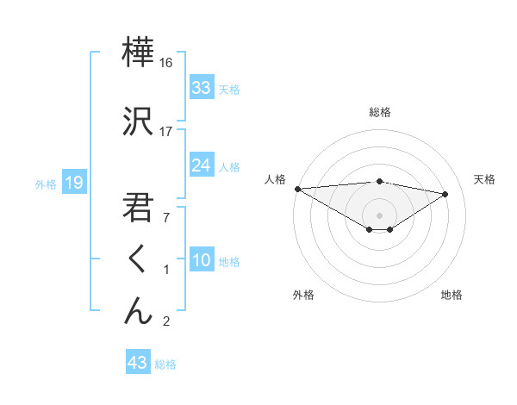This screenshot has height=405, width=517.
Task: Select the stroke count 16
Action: pyautogui.click(x=166, y=63)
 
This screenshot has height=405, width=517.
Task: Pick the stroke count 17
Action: pyautogui.click(x=166, y=131)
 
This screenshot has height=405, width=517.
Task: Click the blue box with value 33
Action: pyautogui.click(x=202, y=88)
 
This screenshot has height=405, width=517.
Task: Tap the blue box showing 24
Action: pyautogui.click(x=202, y=165)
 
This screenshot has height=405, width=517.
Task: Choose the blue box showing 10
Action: pyautogui.click(x=202, y=260)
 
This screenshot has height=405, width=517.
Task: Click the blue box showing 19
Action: pyautogui.click(x=73, y=183)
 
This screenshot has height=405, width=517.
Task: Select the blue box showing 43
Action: pyautogui.click(x=138, y=363)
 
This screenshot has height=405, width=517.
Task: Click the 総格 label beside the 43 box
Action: pyautogui.click(x=166, y=364)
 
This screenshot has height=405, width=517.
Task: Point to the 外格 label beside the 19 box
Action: pyautogui.click(x=45, y=184)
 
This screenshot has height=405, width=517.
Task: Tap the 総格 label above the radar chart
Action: pyautogui.click(x=380, y=112)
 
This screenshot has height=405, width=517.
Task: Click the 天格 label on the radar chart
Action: pyautogui.click(x=485, y=179)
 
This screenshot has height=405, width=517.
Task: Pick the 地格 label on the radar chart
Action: pyautogui.click(x=452, y=295)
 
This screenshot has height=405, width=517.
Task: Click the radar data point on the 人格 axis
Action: pyautogui.click(x=297, y=189)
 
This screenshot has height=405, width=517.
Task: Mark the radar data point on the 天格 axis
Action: pyautogui.click(x=445, y=194)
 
